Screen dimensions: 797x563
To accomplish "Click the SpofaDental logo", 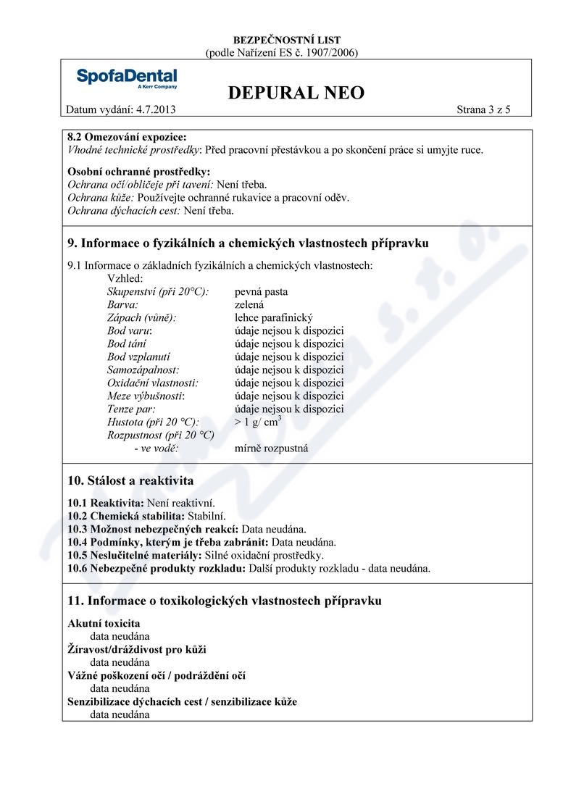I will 126,78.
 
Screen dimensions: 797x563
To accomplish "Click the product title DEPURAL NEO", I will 296,93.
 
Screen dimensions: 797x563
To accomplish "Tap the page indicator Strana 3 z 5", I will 483,110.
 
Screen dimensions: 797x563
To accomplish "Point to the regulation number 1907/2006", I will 330,52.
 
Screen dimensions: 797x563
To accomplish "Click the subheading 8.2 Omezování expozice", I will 126,137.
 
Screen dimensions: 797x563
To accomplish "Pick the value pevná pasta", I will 261,292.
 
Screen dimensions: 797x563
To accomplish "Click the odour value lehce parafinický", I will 273,318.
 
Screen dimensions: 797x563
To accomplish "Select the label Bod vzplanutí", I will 138,357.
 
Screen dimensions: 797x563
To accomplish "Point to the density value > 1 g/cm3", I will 258,422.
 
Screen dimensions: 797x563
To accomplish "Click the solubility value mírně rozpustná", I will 271,448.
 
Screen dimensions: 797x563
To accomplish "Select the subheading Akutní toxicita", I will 104,623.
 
